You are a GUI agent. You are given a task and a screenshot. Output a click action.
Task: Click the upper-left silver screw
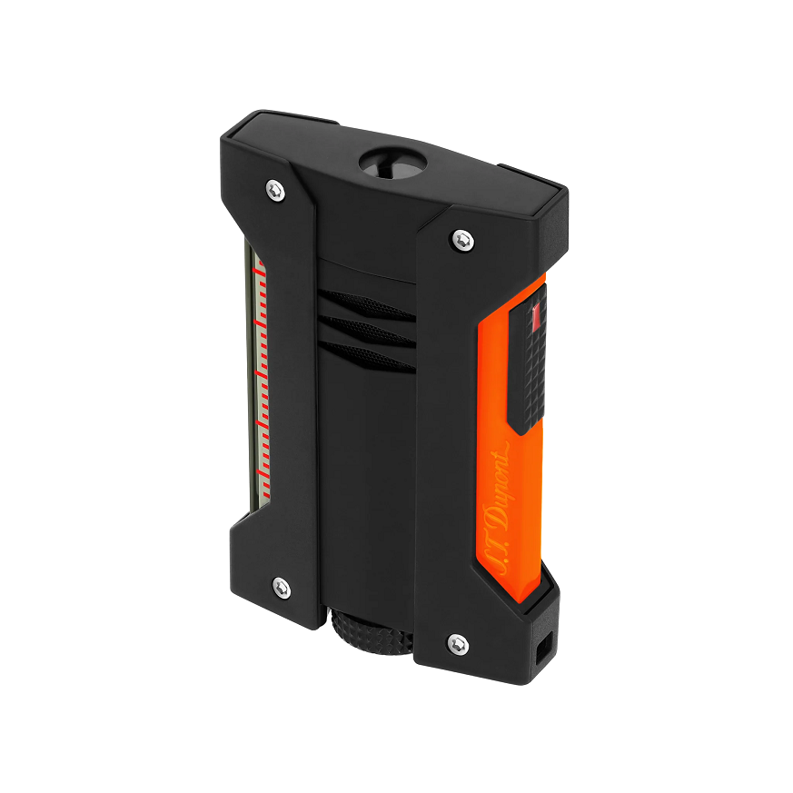(x=275, y=191)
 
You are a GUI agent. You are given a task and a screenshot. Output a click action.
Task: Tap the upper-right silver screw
(x=462, y=240)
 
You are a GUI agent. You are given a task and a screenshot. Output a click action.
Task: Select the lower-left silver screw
(x=282, y=587)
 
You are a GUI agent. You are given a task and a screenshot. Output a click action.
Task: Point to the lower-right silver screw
(x=458, y=644)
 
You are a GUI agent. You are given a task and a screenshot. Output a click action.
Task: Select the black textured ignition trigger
(x=527, y=359)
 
